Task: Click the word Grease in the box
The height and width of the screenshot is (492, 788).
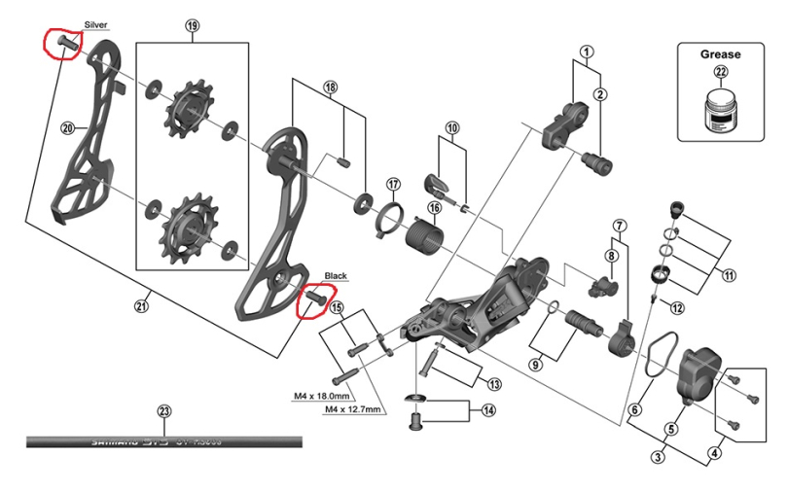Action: point(721,53)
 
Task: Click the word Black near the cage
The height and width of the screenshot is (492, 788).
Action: point(336,276)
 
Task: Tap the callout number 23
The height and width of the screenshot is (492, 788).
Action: point(163,411)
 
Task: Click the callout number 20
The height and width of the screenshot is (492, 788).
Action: point(67,128)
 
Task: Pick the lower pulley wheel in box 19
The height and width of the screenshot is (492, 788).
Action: point(185,226)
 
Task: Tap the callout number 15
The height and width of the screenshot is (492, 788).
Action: point(337,308)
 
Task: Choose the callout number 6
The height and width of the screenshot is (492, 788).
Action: point(634,410)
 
